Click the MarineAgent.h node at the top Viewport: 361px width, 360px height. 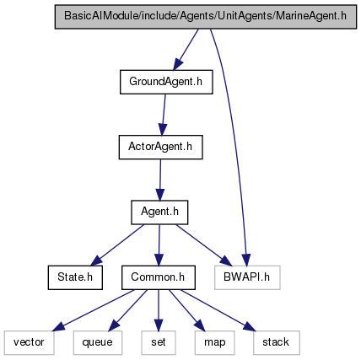tap(206, 17)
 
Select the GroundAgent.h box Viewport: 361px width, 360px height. tap(166, 82)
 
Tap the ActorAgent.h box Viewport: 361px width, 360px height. tap(160, 147)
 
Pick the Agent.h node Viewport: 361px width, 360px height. tap(159, 212)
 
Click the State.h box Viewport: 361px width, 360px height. tap(75, 277)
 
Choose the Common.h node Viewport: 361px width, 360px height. tap(159, 277)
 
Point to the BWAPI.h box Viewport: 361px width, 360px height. tap(247, 277)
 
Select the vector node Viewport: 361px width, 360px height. tap(30, 342)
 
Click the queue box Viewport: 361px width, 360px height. tap(98, 342)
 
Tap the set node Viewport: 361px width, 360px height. tap(159, 342)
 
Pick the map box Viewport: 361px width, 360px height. tap(214, 342)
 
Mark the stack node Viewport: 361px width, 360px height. tap(277, 342)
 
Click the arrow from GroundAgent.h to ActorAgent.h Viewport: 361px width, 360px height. tap(164, 115)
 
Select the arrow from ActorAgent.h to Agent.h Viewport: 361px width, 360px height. tap(160, 180)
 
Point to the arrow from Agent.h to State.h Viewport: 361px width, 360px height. tap(117, 244)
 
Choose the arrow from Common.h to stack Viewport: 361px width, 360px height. tap(218, 310)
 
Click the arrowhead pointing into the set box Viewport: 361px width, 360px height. tap(159, 325)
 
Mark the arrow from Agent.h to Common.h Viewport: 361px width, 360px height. tap(159, 245)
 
